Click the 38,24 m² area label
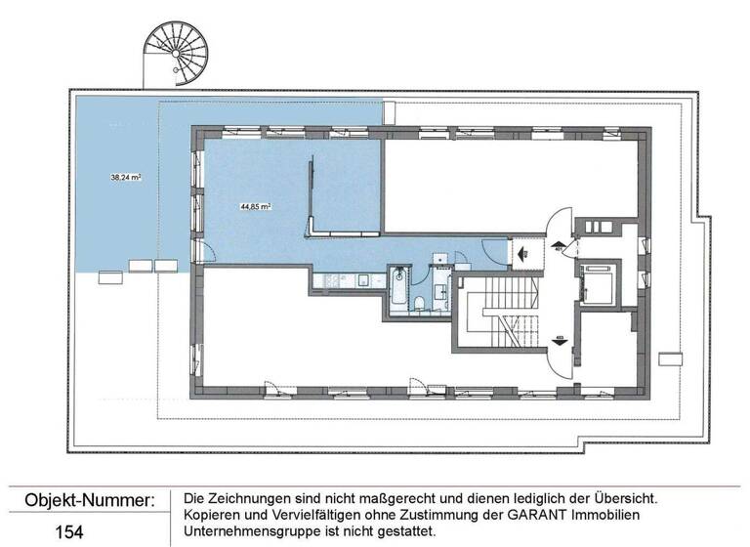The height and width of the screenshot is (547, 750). tap(126, 178)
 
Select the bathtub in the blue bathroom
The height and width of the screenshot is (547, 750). tap(400, 291)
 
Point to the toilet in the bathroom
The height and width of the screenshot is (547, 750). tap(419, 304)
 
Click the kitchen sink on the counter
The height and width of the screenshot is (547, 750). tap(362, 281)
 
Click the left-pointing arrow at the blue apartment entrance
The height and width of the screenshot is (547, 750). tap(522, 252)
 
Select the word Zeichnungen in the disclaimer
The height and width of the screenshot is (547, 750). tap(257, 498)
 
